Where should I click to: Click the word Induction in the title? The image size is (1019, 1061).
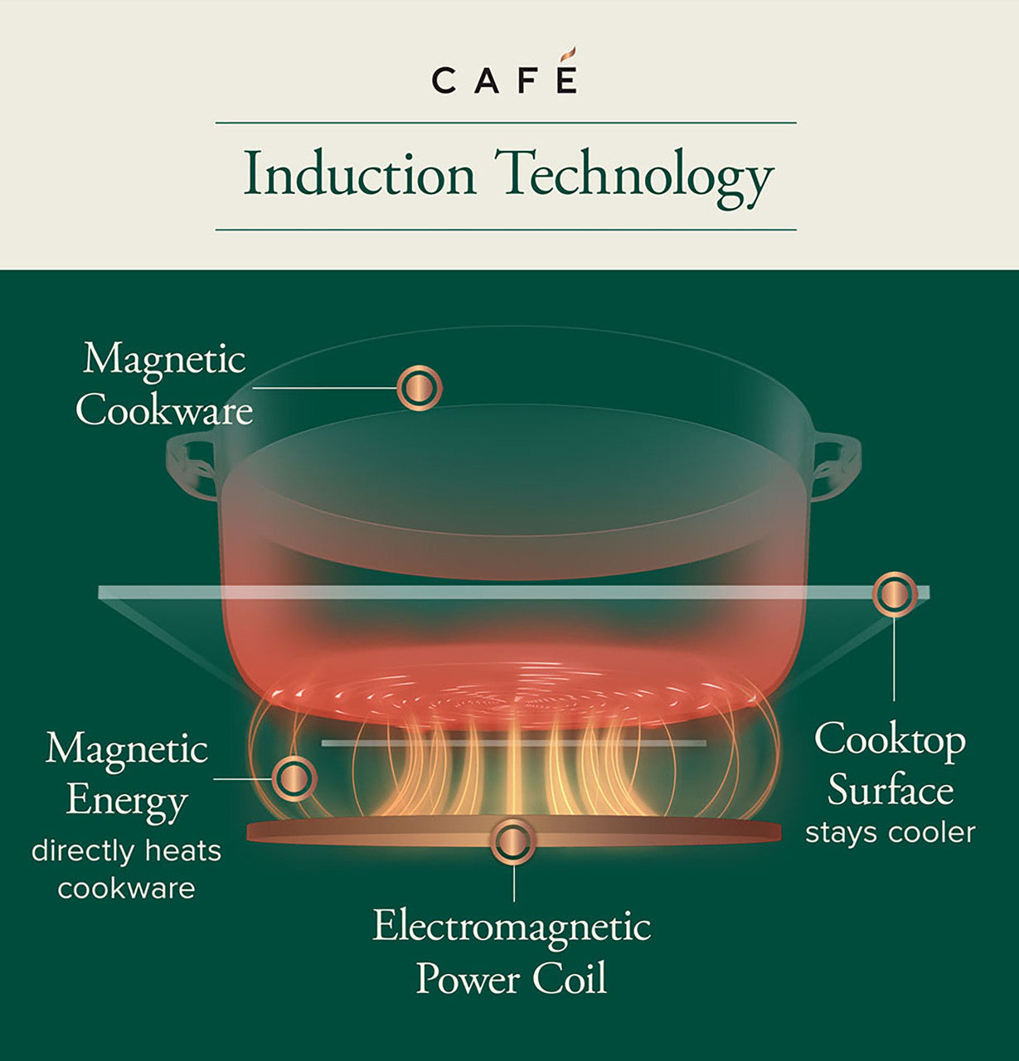(360, 176)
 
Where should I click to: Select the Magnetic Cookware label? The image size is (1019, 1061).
(164, 385)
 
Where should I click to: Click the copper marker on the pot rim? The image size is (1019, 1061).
(419, 387)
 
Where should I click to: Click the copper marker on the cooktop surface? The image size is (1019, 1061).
(894, 593)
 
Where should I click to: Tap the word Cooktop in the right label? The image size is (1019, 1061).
(890, 739)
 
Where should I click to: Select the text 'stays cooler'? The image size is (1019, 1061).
(890, 832)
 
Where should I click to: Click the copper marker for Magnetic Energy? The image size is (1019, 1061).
(293, 778)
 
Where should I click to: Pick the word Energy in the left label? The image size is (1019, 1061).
(126, 801)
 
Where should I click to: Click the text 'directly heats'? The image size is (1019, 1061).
(126, 851)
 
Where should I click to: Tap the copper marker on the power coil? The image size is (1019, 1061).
(513, 842)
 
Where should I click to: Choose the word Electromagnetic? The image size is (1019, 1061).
(512, 926)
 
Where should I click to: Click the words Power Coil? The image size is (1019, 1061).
(512, 978)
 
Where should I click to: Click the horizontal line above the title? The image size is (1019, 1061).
(506, 123)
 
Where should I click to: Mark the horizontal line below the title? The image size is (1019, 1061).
(506, 230)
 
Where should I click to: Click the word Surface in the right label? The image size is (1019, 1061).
(890, 789)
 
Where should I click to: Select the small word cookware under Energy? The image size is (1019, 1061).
(126, 889)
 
